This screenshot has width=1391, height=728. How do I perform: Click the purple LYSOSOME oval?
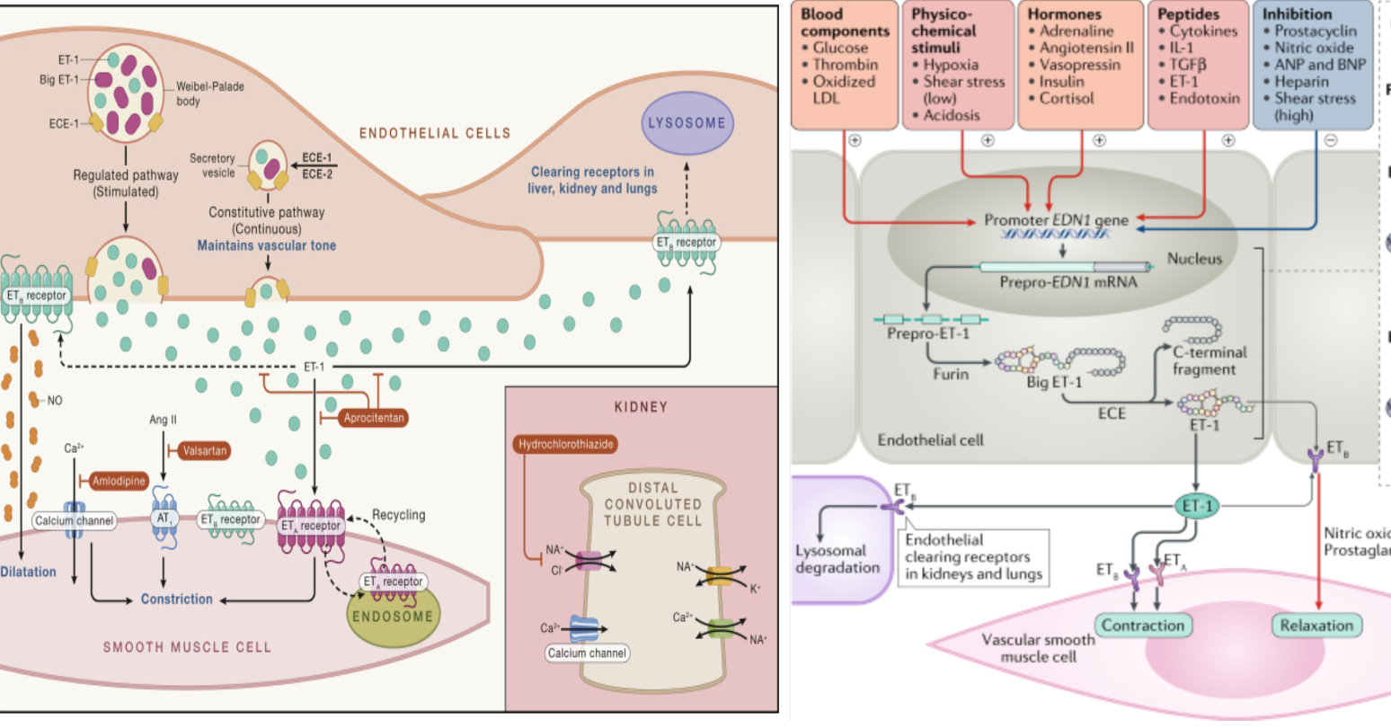click(687, 123)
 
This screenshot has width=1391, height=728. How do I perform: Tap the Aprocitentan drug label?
click(374, 418)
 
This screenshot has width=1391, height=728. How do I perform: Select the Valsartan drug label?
click(204, 450)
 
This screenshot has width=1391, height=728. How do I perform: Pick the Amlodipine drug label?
click(119, 482)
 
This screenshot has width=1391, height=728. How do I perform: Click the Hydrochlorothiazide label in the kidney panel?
click(566, 444)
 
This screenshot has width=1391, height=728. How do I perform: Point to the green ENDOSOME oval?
click(393, 617)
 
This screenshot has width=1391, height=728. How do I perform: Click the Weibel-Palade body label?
click(209, 93)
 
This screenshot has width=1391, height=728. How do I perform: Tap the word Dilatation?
click(28, 572)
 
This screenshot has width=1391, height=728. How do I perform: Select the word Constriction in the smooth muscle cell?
click(177, 599)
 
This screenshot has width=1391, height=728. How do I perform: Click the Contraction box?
click(1143, 626)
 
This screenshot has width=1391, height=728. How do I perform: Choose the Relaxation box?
click(1316, 626)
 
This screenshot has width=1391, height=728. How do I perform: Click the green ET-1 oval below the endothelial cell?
click(1198, 506)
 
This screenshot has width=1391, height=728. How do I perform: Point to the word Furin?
click(951, 374)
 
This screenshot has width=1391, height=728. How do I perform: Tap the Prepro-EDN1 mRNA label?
click(1068, 282)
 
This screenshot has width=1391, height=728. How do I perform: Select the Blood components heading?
click(845, 22)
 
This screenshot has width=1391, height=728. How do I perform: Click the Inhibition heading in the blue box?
click(1297, 14)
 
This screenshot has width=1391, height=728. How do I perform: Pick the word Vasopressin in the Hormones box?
click(1079, 65)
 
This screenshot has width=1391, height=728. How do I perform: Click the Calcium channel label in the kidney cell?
click(587, 653)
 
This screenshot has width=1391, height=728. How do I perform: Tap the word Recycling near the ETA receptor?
click(398, 515)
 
